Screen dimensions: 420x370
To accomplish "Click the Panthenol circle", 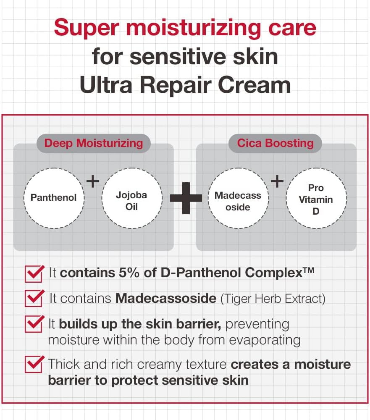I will coord(53,197).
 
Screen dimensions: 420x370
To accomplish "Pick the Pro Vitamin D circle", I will coord(316,199).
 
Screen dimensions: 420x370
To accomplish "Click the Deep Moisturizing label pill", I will coord(94,143).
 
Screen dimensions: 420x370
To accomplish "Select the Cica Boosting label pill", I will coord(276,143).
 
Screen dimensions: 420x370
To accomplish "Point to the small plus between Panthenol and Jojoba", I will coord(92,181).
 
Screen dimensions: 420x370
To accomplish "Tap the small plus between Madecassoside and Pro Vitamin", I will coord(277,181).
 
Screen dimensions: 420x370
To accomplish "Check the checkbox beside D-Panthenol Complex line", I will coord(34,273).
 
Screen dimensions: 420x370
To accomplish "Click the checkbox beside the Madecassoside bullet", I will coord(34,299).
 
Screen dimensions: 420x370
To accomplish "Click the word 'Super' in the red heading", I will coord(87,28).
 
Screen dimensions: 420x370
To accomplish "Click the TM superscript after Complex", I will coord(308,270).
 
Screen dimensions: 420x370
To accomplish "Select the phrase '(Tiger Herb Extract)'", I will coord(273,299).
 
